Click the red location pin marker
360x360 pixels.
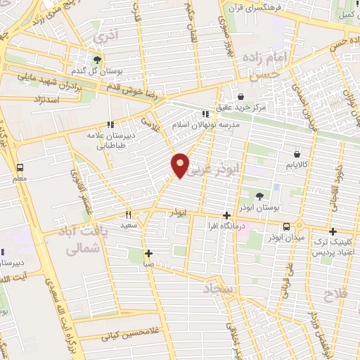(181, 165)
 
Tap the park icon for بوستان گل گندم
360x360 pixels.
(96, 60)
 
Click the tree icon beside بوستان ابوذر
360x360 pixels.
(259, 196)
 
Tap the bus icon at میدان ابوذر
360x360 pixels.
(286, 226)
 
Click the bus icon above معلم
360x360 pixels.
(20, 167)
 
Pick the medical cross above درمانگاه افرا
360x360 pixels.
(226, 216)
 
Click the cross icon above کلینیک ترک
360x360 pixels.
(333, 231)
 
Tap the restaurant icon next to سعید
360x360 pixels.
(128, 214)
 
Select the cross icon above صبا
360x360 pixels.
(148, 253)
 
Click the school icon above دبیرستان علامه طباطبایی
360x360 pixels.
(110, 124)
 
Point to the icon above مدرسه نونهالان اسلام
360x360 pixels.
(205, 114)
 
